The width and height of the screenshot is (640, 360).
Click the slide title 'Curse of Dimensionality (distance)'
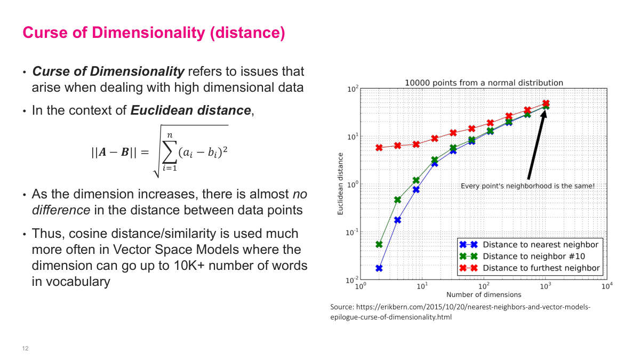[154, 33]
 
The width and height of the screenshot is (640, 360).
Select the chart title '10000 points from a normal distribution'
[484, 83]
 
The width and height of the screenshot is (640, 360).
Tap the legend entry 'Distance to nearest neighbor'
[540, 245]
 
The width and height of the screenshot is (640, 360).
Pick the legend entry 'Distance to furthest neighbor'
[541, 268]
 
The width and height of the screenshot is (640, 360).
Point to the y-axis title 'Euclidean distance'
[340, 184]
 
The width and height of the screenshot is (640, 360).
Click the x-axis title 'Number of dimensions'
[484, 294]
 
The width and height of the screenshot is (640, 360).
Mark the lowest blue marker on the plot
[379, 268]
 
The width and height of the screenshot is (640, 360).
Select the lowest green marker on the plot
[379, 244]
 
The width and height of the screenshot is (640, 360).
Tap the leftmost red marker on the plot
[379, 148]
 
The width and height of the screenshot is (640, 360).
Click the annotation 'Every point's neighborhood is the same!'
[527, 186]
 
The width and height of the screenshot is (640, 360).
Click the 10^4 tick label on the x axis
[606, 286]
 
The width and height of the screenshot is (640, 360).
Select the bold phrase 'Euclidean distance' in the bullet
[190, 110]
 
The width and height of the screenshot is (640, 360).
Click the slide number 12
[25, 349]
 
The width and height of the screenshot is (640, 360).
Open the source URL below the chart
[460, 312]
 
